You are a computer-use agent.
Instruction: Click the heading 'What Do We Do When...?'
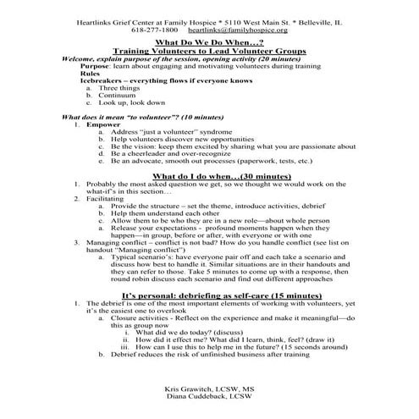click(209, 41)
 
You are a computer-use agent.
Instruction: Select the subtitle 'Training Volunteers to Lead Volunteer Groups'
click(209, 51)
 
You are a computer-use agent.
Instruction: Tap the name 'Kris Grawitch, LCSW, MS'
click(209, 387)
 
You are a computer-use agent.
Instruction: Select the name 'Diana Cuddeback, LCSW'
click(209, 395)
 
